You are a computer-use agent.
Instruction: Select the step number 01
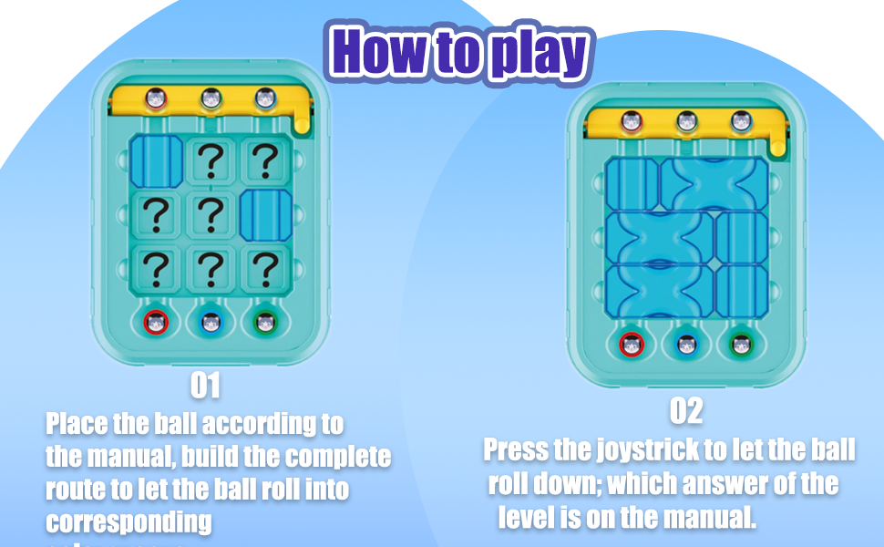(x=205, y=386)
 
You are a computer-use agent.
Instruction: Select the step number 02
(x=686, y=411)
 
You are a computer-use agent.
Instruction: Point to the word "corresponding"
(x=128, y=522)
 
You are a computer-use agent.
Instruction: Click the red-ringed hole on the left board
(x=157, y=321)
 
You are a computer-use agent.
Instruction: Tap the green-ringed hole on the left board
(x=265, y=321)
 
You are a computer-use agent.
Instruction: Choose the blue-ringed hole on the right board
(x=686, y=345)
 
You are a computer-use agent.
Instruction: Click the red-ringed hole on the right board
(x=632, y=345)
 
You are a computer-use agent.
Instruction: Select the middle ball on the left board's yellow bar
(x=211, y=98)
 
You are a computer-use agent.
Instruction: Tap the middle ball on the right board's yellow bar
(x=686, y=120)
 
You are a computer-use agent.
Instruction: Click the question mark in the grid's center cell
(x=211, y=214)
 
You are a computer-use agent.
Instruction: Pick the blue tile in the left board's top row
(x=157, y=160)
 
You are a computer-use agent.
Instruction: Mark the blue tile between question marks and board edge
(x=265, y=215)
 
